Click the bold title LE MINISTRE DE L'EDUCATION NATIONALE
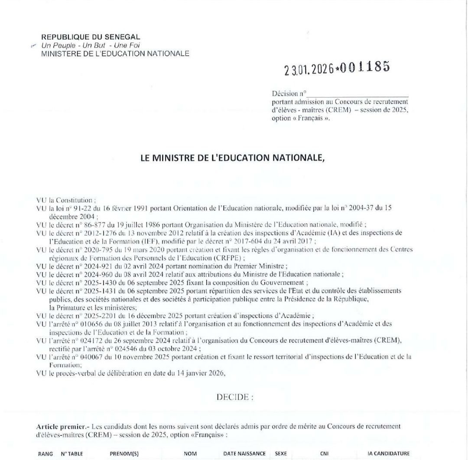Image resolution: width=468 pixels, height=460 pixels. point(233,158)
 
